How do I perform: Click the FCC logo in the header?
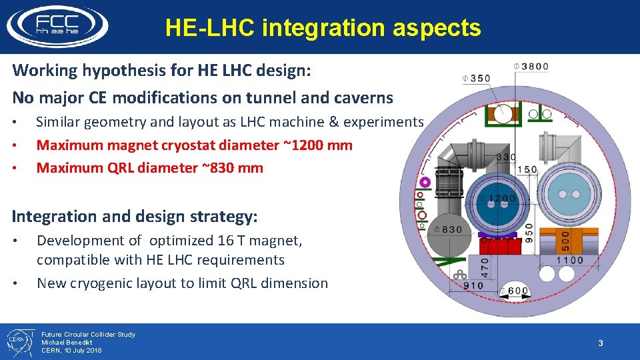(x=57, y=26)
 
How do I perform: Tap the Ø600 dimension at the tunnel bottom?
(x=517, y=290)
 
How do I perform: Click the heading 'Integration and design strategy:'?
(x=135, y=216)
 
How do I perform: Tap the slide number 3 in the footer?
(x=600, y=343)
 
